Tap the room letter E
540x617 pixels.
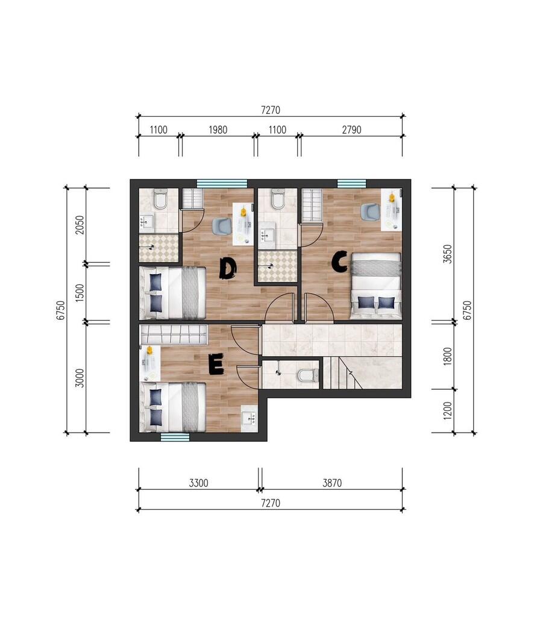point(215,365)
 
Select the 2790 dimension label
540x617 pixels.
point(351,130)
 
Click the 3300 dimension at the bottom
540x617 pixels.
point(199,483)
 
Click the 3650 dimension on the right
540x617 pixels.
point(447,254)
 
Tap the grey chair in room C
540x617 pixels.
point(369,212)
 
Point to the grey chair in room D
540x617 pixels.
point(222,227)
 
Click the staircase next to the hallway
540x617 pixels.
point(362,372)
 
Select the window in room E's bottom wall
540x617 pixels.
point(175,437)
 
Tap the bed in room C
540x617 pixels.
point(376,286)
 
